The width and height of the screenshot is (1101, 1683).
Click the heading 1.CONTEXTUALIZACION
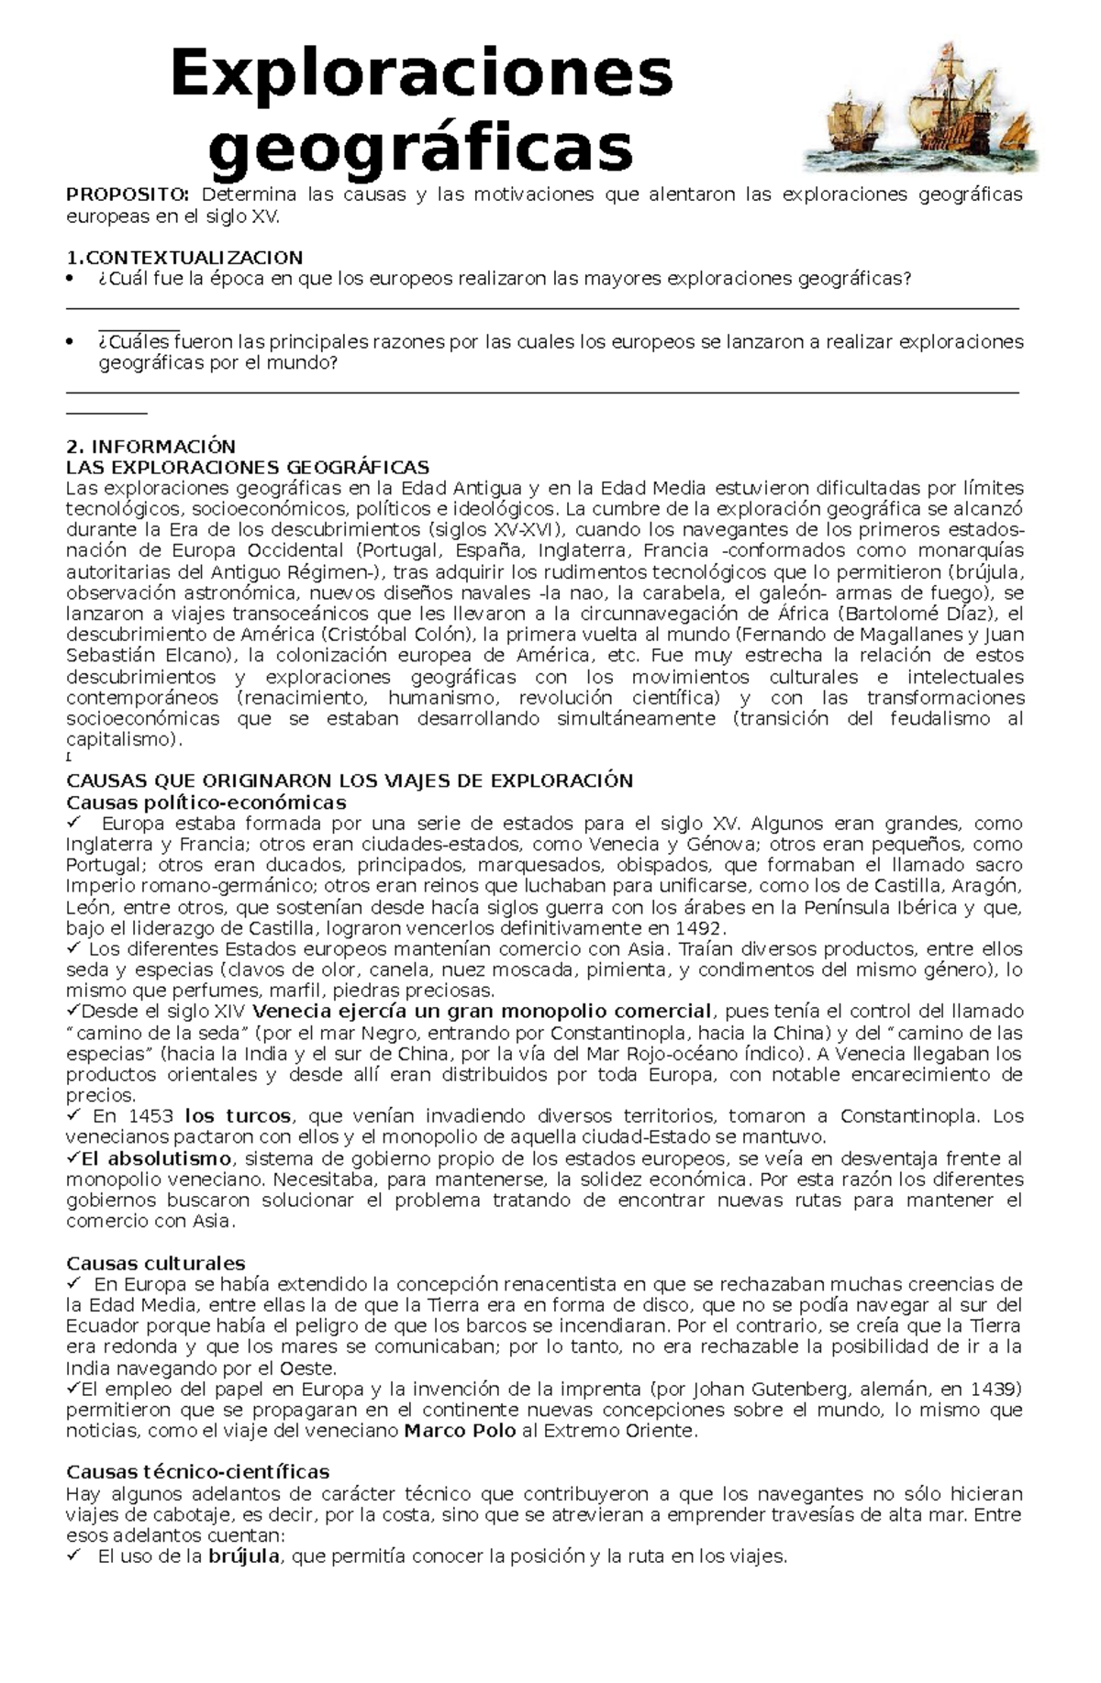[x=184, y=258]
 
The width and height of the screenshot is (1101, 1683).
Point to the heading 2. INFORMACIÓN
[x=151, y=447]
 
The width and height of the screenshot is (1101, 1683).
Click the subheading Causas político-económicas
[x=206, y=803]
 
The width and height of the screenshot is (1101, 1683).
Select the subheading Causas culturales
[x=156, y=1264]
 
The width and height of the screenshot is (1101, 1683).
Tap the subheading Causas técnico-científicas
[x=197, y=1472]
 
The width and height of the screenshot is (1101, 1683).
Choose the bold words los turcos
[x=238, y=1116]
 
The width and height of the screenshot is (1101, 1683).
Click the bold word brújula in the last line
[x=244, y=1556]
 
